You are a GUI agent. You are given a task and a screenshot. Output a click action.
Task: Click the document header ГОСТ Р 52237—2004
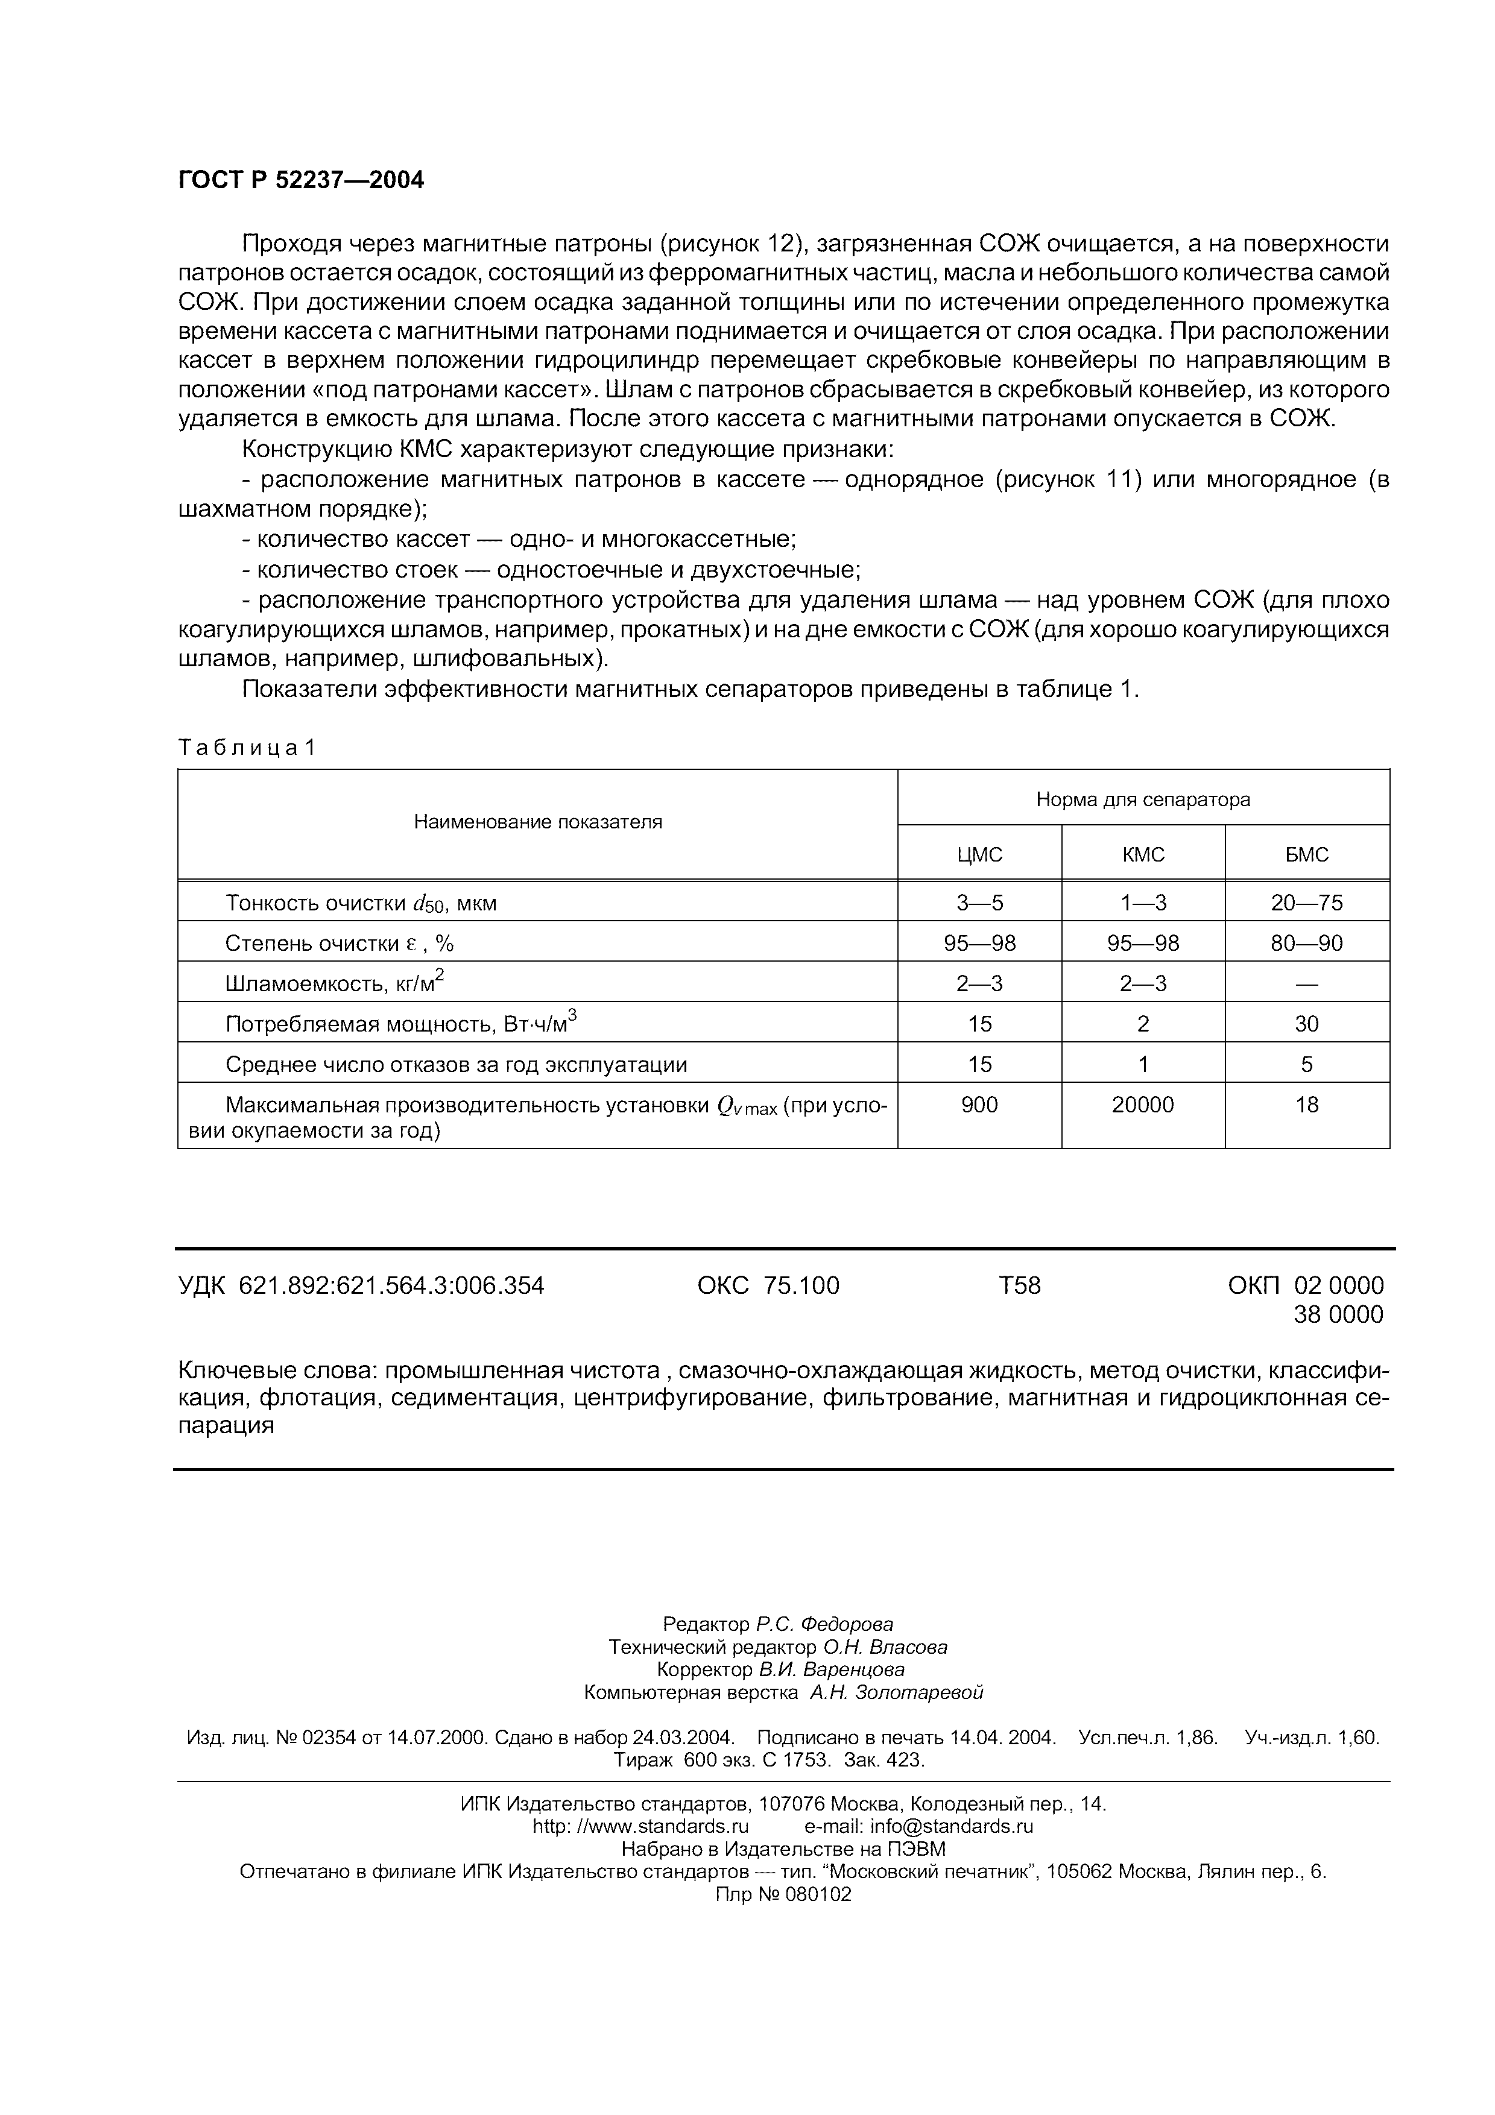[300, 180]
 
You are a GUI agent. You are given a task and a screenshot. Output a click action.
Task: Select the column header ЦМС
[979, 855]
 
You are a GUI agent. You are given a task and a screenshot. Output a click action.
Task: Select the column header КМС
[1143, 855]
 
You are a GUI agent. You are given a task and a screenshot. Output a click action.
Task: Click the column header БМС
[1306, 855]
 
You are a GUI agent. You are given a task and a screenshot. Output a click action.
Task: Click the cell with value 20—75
[1306, 903]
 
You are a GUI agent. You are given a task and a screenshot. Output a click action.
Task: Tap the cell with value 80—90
[1306, 944]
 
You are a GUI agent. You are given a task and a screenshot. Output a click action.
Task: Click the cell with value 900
[979, 1105]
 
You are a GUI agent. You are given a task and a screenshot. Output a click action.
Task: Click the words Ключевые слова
[276, 1370]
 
